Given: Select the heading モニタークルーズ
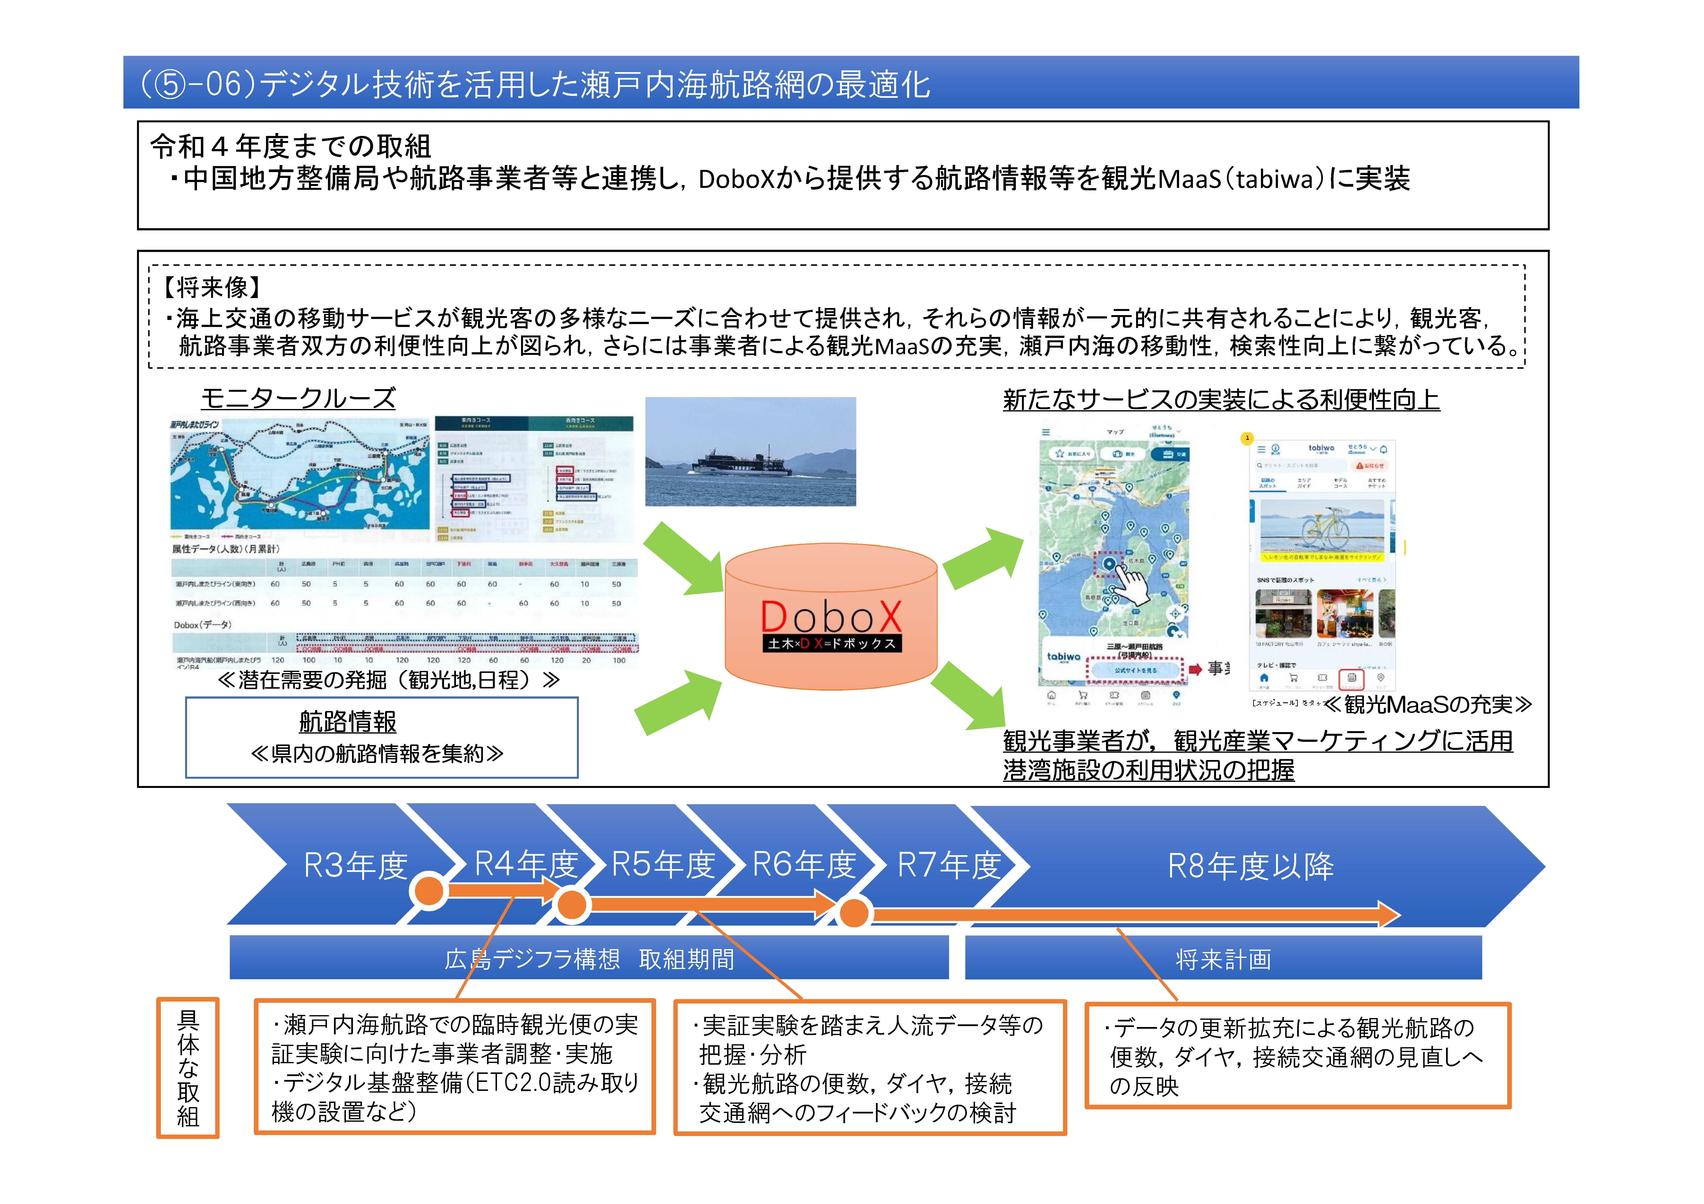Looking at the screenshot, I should [298, 398].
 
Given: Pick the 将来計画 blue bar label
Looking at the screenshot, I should [1223, 959].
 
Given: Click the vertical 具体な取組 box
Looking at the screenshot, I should [188, 1068].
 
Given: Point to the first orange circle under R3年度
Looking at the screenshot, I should [429, 890].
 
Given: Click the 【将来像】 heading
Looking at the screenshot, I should [212, 287].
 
